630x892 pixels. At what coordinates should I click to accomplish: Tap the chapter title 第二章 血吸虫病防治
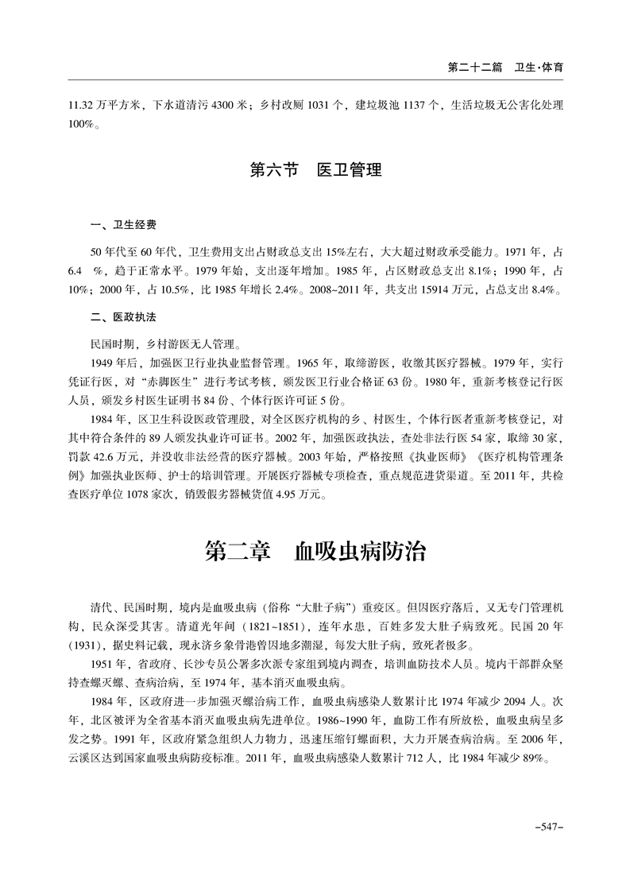(x=315, y=550)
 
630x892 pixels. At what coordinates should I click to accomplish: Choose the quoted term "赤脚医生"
(x=176, y=382)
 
